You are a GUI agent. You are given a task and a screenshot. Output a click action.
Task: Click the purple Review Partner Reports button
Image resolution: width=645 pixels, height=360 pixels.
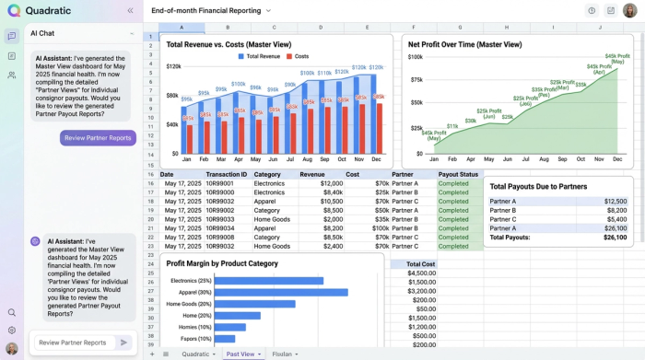[x=98, y=138]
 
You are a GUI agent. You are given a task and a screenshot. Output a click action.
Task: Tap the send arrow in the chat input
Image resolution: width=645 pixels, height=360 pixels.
[x=123, y=343]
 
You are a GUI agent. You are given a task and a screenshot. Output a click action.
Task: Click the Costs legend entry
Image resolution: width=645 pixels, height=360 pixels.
[x=296, y=57]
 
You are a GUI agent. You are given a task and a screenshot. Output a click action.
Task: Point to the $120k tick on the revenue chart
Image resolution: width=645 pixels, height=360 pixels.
[x=172, y=66]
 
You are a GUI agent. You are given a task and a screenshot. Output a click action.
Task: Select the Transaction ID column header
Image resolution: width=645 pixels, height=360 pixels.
[x=226, y=173]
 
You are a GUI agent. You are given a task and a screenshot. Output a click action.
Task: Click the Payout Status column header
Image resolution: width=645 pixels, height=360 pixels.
[x=458, y=173]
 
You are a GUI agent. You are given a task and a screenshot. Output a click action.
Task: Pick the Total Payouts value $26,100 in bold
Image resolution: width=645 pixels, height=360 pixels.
[x=615, y=237]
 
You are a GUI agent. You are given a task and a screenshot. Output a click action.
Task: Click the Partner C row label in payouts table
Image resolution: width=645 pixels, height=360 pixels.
[x=503, y=219]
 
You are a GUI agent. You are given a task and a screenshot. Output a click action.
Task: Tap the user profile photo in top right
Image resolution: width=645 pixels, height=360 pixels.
[x=630, y=10]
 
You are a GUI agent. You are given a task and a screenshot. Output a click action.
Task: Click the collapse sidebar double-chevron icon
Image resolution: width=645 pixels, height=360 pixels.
[x=130, y=10]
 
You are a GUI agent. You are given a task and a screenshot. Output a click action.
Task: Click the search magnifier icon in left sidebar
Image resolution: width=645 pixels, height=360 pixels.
[x=11, y=313]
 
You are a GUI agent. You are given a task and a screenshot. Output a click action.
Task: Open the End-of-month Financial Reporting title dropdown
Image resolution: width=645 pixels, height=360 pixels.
[x=268, y=11]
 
